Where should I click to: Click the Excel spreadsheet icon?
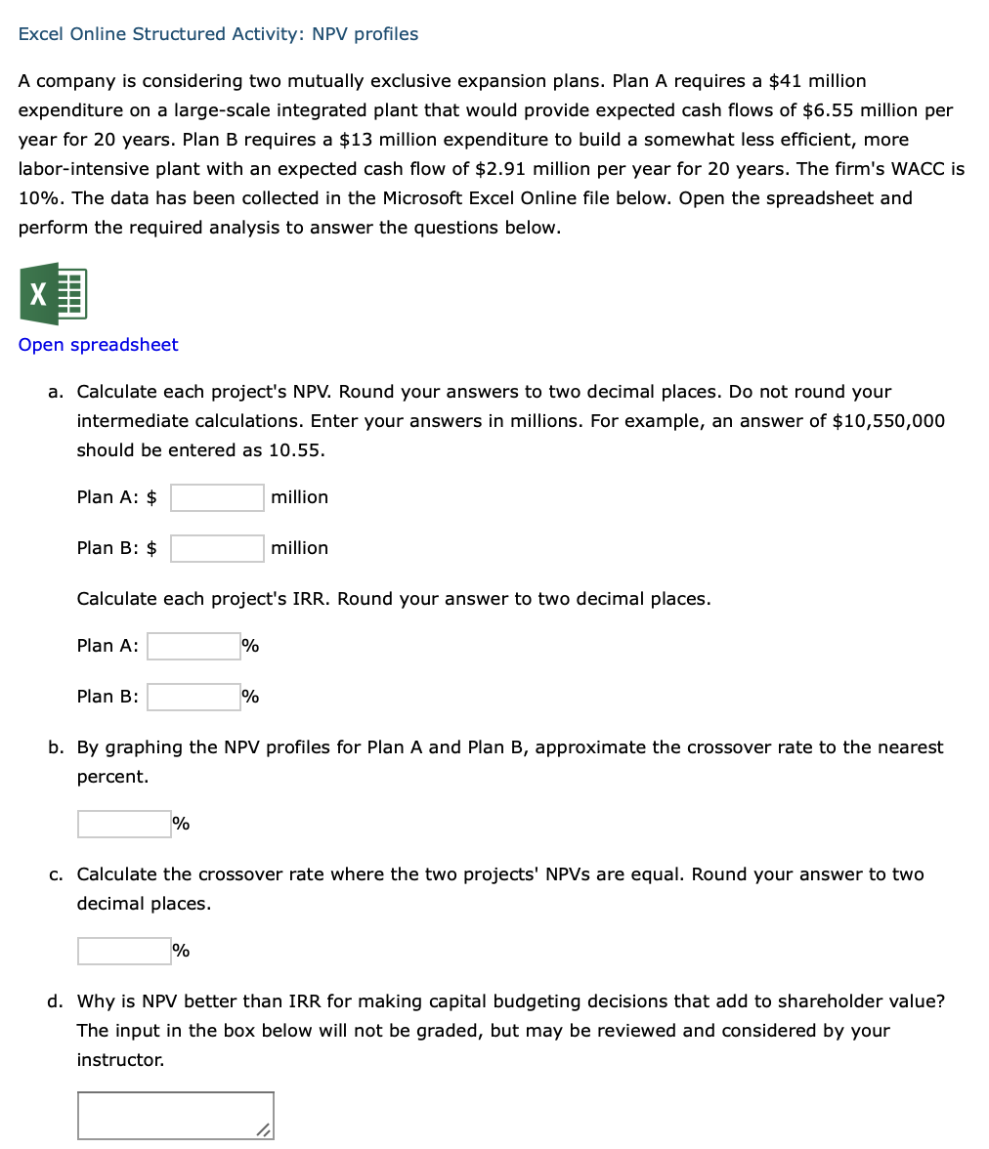click(53, 293)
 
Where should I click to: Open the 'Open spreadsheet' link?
click(98, 345)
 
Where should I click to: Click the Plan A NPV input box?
click(217, 497)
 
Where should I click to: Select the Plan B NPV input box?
click(217, 548)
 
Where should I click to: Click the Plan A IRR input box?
click(193, 646)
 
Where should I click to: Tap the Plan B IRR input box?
click(193, 697)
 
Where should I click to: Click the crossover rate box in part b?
click(124, 824)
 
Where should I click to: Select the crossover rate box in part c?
click(124, 951)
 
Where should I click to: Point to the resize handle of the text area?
click(264, 1129)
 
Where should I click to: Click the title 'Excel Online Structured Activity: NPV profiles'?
click(218, 34)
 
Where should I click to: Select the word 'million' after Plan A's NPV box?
click(299, 497)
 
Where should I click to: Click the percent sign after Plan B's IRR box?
click(250, 697)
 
